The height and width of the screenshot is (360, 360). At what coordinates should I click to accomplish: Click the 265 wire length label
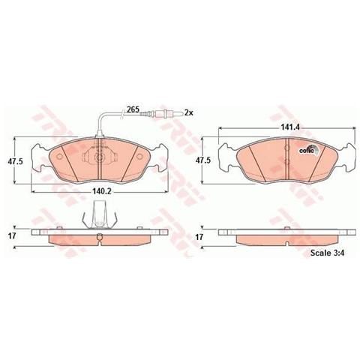(x=133, y=109)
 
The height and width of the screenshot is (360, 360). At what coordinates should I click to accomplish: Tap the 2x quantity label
(x=189, y=112)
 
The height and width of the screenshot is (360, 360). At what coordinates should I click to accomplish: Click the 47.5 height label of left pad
(x=15, y=161)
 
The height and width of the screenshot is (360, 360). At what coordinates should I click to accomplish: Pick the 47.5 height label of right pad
(x=203, y=160)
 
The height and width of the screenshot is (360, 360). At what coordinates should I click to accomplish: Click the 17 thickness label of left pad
(x=12, y=235)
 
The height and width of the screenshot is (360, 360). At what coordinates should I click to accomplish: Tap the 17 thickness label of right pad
(x=199, y=237)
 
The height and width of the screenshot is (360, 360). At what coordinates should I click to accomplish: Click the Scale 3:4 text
(x=327, y=253)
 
